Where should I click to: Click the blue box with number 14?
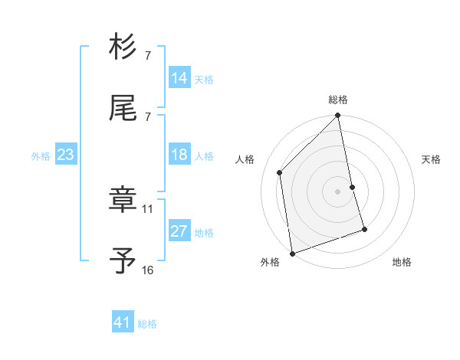[179, 78]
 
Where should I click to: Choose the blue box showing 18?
[179, 155]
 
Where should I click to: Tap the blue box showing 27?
[179, 231]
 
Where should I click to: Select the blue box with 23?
[66, 155]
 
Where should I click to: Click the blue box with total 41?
[123, 322]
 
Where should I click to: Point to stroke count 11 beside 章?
[148, 208]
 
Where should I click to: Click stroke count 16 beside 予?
[148, 270]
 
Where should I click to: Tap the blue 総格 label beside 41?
[147, 324]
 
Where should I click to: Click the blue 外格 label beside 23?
[41, 156]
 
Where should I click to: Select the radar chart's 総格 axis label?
[338, 100]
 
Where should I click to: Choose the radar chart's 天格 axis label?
[432, 159]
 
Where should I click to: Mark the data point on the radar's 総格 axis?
[338, 116]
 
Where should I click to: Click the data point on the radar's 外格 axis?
[292, 253]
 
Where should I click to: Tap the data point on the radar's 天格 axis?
[353, 187]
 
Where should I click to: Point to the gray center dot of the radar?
[338, 191]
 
